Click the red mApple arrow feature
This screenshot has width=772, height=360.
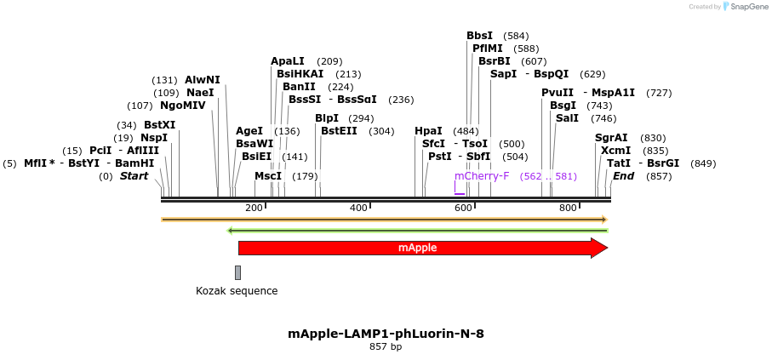point(417,248)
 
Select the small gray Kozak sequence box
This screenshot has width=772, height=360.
point(237,272)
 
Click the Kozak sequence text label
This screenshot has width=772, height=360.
point(237,291)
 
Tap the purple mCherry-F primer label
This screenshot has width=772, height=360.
point(482,176)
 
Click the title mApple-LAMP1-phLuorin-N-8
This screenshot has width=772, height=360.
point(386,334)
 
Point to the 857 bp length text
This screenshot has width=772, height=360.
point(386,347)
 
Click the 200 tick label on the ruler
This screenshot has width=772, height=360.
point(254,209)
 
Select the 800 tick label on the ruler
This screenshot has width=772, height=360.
point(568,209)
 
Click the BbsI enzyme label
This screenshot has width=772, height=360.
point(479,36)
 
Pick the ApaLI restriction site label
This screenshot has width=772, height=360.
point(287,61)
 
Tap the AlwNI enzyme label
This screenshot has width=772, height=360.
point(202,80)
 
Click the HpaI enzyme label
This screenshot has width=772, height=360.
point(428,131)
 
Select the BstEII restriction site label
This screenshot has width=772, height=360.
point(339,131)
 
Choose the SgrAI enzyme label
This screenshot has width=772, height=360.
point(611,138)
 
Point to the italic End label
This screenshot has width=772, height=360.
point(623,176)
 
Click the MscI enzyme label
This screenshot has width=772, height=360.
point(268,176)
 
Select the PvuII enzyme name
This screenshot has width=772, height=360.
point(558,93)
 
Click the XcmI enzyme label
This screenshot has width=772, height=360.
point(615,151)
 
